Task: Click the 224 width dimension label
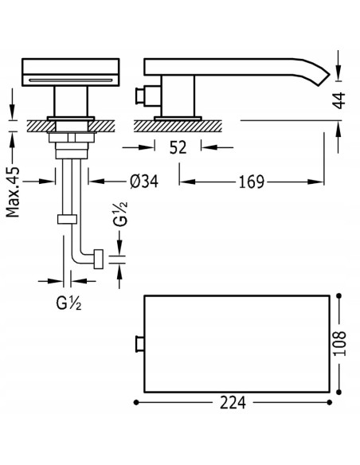coord(233,403)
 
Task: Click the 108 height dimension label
coord(339,343)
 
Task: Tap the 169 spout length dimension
coord(251,182)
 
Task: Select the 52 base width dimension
coord(178,147)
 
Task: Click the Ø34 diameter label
coord(144,182)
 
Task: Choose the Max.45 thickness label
coord(13,192)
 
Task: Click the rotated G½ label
coord(121,214)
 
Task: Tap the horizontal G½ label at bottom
coord(68,303)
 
